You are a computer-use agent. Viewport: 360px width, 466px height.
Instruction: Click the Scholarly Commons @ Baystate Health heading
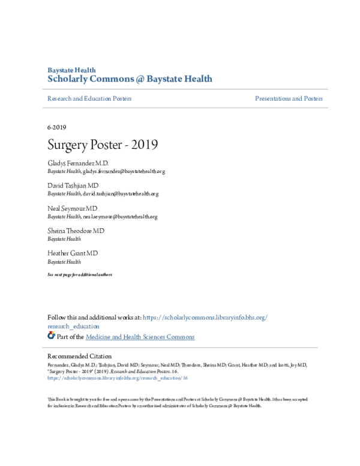point(129,79)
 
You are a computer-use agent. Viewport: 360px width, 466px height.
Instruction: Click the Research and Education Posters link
point(89,98)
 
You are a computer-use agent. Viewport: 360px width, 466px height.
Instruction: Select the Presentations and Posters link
point(288,98)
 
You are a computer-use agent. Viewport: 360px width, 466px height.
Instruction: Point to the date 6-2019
point(56,127)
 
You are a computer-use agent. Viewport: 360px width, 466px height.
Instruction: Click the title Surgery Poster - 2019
point(103,146)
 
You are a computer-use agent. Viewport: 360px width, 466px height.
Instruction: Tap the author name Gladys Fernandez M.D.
point(78,163)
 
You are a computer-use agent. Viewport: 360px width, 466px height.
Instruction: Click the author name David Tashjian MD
point(73,186)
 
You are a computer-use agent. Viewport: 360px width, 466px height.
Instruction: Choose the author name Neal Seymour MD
point(72,208)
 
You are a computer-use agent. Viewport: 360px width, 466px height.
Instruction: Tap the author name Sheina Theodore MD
point(76,231)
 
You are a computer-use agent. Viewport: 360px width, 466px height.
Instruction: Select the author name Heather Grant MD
point(72,253)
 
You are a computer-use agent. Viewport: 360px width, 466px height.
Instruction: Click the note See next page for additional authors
point(80,274)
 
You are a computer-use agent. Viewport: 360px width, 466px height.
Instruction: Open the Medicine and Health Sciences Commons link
point(140,337)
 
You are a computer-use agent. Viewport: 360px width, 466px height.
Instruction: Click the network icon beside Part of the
point(51,336)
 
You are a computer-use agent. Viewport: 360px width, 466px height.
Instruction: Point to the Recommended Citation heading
point(80,356)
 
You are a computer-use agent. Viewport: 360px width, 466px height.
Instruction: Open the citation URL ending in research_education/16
point(118,378)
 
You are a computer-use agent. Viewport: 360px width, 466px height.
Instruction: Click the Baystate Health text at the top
point(71,70)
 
